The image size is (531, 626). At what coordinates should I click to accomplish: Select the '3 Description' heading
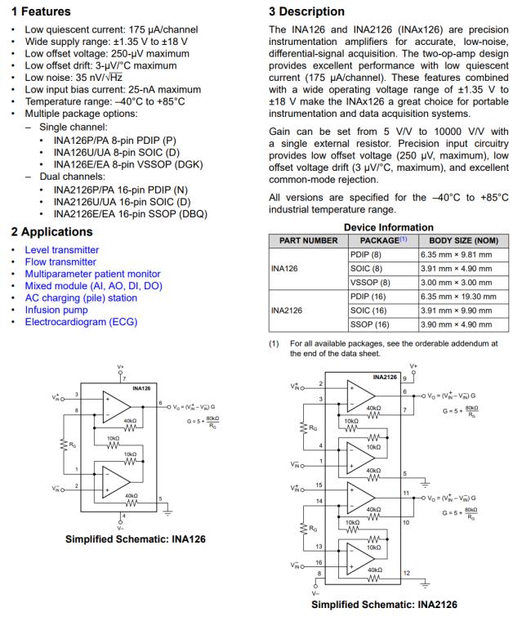point(306,11)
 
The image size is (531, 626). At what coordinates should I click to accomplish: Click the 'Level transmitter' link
point(61,250)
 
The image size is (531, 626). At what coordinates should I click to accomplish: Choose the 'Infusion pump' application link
point(57,311)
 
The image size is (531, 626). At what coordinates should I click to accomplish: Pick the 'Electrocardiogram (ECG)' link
point(81,322)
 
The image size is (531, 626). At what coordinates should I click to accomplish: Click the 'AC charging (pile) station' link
point(81,298)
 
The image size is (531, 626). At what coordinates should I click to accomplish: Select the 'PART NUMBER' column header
point(308,241)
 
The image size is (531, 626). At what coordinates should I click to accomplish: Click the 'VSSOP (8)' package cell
point(370,283)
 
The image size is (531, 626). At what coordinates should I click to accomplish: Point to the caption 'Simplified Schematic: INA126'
point(135,539)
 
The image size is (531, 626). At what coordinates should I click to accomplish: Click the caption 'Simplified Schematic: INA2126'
point(385,605)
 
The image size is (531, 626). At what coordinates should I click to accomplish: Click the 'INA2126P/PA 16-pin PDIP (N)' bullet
point(131,190)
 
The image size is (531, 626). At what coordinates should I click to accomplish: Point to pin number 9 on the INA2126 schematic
point(404,378)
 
